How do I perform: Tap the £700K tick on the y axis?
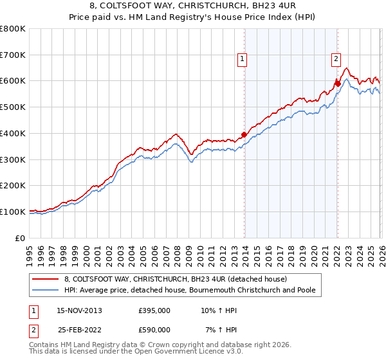click(13, 55)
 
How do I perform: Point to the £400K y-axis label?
click(13, 134)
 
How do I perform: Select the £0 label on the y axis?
click(21, 238)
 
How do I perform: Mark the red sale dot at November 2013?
click(244, 135)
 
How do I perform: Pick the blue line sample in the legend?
click(46, 291)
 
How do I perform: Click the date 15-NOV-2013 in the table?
click(79, 310)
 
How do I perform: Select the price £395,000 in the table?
click(154, 310)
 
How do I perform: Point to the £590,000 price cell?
click(154, 330)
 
